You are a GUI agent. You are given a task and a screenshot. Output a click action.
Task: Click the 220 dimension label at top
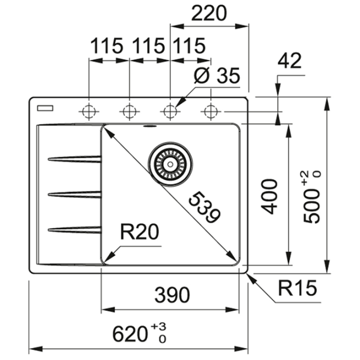pos(210,14)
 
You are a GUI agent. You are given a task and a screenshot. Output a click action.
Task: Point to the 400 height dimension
pos(271,196)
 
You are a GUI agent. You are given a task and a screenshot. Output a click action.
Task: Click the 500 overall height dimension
pos(313,198)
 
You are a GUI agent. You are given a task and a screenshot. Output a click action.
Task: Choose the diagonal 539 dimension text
pos(203,208)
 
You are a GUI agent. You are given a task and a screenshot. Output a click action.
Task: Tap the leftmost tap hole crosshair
pos(89,111)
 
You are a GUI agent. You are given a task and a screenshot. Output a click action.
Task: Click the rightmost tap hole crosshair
pos(210,111)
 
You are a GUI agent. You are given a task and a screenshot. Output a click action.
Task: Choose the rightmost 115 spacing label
pos(188,46)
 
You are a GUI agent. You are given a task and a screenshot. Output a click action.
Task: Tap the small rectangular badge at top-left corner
pos(44,108)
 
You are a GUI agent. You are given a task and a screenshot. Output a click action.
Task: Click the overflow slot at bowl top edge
pos(149,127)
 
